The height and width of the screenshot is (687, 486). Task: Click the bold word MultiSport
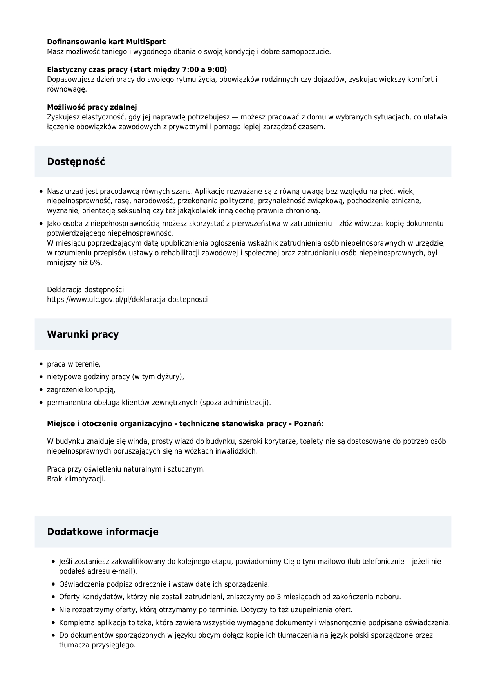tap(146, 42)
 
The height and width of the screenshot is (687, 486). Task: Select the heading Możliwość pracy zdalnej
tap(92, 107)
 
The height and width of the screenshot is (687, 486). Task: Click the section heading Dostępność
tap(76, 162)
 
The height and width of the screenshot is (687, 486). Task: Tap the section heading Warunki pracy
tap(83, 334)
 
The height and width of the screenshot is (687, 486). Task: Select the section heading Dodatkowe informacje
tap(103, 532)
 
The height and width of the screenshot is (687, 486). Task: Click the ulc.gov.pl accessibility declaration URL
tap(127, 300)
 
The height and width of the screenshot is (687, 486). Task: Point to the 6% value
tap(95, 263)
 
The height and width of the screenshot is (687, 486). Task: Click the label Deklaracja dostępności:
tap(86, 290)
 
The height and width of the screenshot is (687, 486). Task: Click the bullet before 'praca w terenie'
tap(41, 365)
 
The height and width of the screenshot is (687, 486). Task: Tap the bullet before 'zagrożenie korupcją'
tap(41, 390)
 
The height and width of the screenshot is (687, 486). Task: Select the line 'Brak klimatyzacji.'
tap(76, 479)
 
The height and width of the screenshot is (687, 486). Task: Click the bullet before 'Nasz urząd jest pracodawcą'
tap(41, 192)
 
